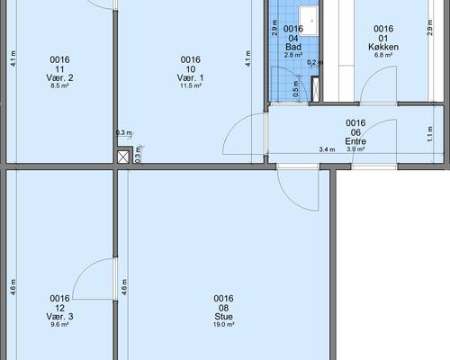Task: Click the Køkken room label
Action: coord(383,47)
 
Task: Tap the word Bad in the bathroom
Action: coord(293,47)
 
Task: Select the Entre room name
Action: coord(355,141)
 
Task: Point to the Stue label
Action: coord(223,317)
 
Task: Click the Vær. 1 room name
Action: coord(190,78)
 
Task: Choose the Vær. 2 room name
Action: coord(59,78)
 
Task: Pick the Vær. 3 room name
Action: coord(59,317)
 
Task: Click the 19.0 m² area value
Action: coord(223,325)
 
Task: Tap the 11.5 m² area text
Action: coord(190,85)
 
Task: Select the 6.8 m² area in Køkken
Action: coord(383,55)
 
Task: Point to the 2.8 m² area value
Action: coord(293,55)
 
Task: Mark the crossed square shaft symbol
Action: coord(123,157)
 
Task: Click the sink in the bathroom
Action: coord(309,21)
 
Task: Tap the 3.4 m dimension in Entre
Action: coord(327,149)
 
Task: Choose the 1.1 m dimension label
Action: coord(430,134)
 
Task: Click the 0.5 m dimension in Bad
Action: coord(296,89)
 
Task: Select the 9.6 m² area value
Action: coord(59,325)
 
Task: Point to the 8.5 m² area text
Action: coord(59,85)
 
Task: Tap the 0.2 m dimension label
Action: coord(315,62)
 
